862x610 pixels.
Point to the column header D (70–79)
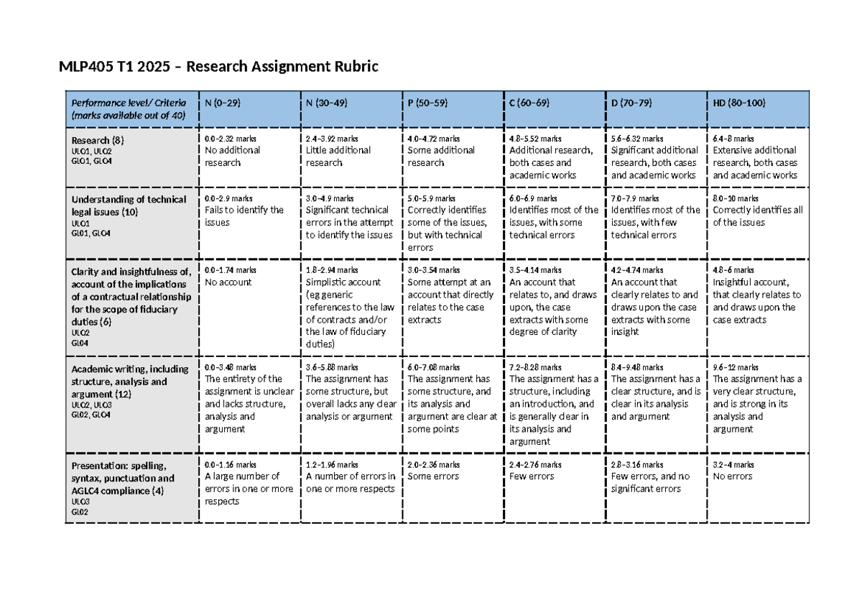(631, 103)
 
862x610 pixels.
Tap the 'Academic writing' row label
(129, 382)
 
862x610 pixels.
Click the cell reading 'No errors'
(733, 476)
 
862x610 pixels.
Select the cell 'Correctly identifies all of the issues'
(757, 216)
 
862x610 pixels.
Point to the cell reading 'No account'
(228, 282)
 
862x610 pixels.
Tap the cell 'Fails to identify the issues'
(244, 216)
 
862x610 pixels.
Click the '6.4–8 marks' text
(733, 139)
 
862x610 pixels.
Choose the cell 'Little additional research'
(338, 157)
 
